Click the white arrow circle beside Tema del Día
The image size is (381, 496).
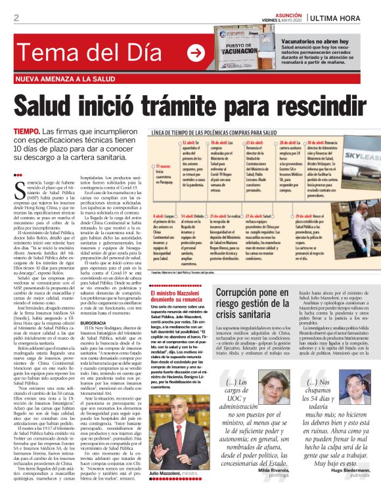(x=195, y=52)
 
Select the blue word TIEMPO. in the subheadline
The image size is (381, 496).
(x=27, y=133)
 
